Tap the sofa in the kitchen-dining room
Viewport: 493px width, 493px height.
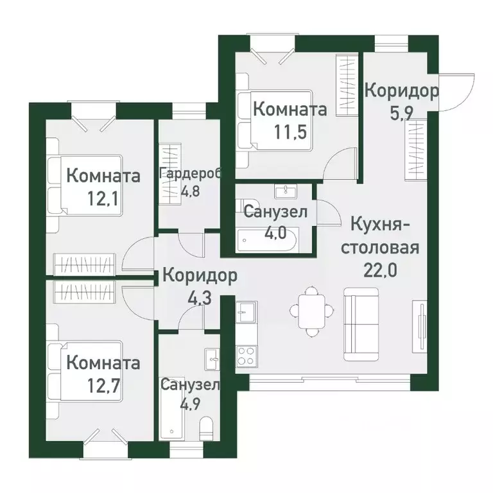[365, 324]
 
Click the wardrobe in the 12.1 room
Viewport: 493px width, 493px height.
[85, 263]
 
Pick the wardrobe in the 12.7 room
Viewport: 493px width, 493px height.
[85, 292]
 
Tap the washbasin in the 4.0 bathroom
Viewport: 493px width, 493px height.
[283, 191]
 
